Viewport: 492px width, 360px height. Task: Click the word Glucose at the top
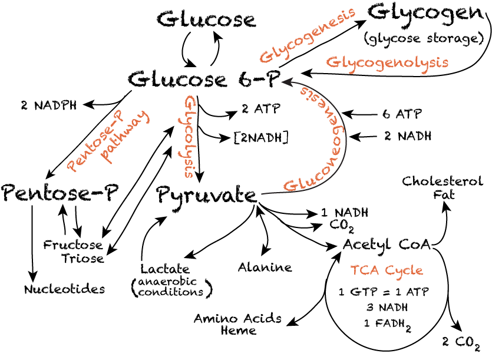206,19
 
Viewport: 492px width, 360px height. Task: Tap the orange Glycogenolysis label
387,62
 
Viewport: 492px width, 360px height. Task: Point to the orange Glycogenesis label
308,35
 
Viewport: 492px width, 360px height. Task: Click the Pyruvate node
207,195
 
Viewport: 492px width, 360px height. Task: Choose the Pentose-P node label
60,193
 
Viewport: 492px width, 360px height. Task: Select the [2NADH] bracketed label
261,138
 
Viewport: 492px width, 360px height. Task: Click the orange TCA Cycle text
387,270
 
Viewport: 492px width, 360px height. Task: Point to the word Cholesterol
443,181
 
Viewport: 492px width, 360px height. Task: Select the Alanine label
265,267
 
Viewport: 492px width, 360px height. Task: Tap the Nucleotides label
65,289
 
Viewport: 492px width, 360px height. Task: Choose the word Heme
239,330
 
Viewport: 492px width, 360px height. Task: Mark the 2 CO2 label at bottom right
461,341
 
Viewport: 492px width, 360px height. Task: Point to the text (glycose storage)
424,39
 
